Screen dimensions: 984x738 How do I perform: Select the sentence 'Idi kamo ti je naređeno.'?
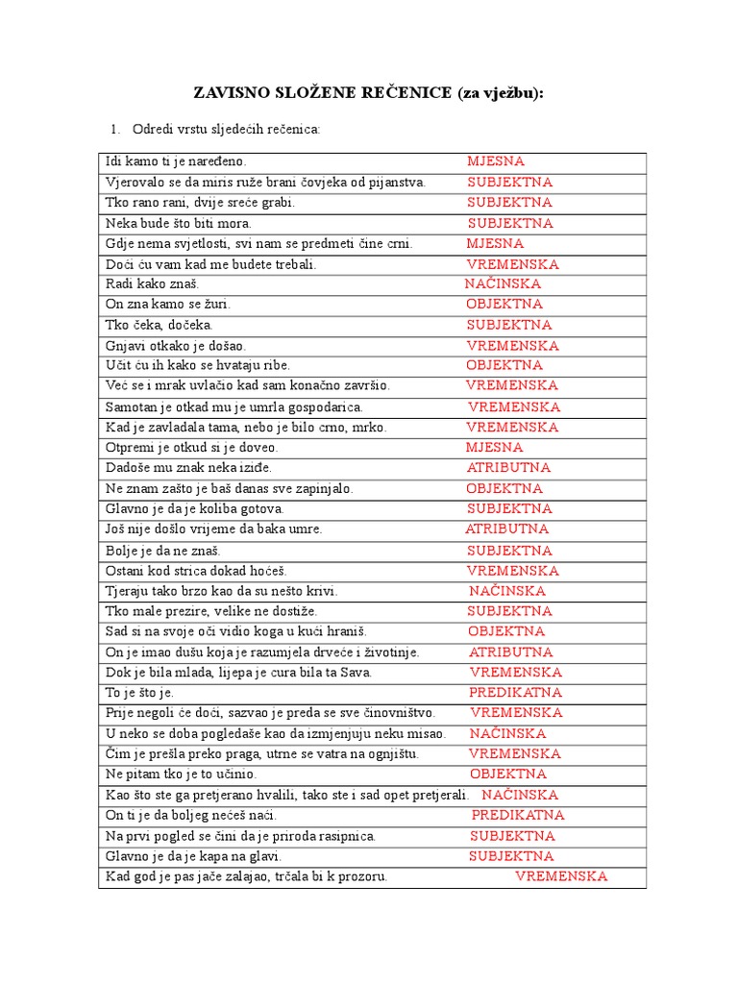click(183, 161)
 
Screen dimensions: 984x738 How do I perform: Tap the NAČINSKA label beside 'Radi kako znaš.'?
click(503, 283)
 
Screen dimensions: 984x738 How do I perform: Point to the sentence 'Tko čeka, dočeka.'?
click(159, 326)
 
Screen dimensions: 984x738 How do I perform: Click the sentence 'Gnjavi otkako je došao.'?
click(176, 346)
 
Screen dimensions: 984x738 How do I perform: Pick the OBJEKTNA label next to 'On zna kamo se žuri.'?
click(504, 304)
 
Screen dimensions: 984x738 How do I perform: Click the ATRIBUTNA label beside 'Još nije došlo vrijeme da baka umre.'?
click(507, 529)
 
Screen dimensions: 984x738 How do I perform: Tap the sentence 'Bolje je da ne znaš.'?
click(163, 551)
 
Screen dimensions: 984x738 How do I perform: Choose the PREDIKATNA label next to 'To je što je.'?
click(516, 692)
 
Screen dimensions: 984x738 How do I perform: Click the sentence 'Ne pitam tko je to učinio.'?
click(182, 774)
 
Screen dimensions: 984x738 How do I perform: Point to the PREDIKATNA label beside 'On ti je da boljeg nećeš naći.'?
click(518, 815)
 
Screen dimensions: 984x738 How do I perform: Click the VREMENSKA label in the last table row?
click(561, 876)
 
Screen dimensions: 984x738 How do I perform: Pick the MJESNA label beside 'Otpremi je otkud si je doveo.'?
click(495, 447)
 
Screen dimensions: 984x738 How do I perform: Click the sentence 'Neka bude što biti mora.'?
click(178, 223)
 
